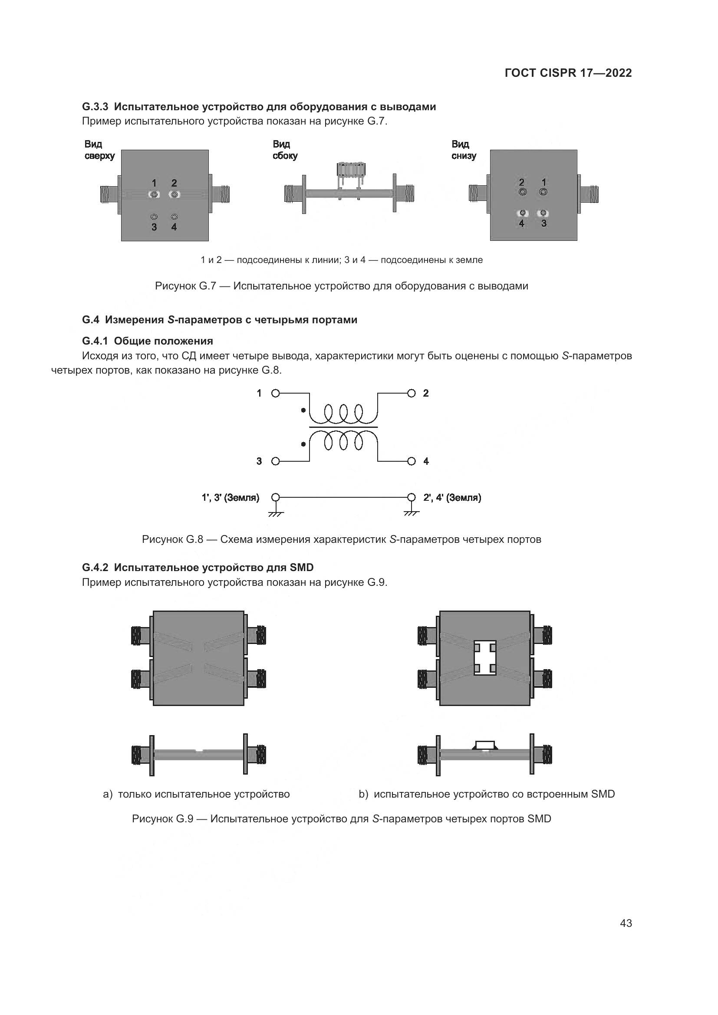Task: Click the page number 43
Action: (x=626, y=923)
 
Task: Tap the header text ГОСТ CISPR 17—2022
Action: (x=568, y=73)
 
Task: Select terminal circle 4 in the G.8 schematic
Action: (x=412, y=461)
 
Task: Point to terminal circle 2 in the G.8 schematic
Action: (x=412, y=393)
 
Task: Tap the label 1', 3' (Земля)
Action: (x=231, y=497)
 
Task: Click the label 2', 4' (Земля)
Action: (x=452, y=497)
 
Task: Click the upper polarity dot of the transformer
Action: (x=303, y=410)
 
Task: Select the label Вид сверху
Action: (x=99, y=150)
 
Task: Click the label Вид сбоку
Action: (x=285, y=150)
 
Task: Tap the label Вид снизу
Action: (x=464, y=150)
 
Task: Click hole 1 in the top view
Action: (x=154, y=194)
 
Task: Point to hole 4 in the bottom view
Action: (x=522, y=213)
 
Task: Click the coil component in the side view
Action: (x=351, y=170)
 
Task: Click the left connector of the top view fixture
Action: (x=109, y=194)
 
